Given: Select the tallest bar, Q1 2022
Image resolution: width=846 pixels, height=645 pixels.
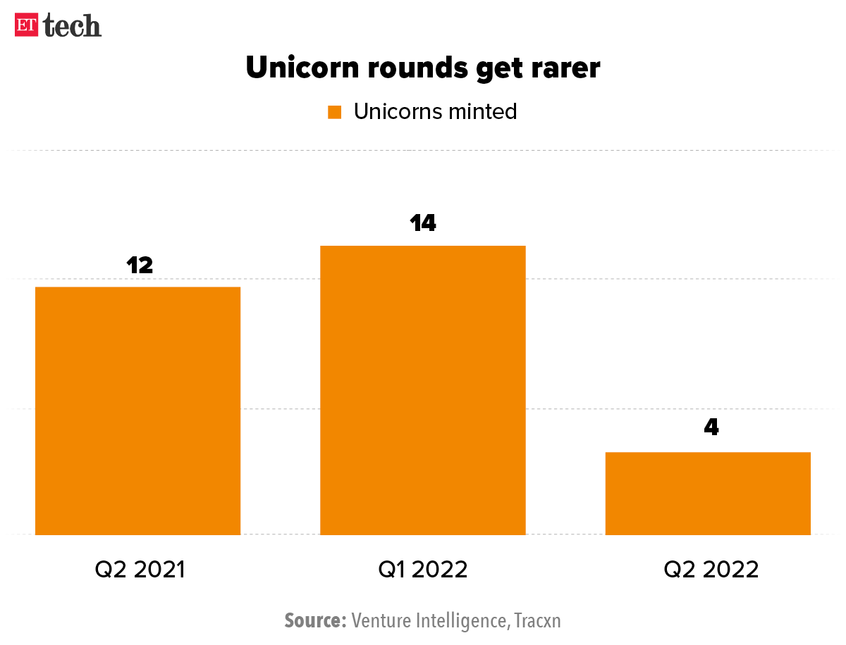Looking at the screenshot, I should click(423, 390).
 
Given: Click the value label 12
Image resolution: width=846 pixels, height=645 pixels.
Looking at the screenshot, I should click(140, 265).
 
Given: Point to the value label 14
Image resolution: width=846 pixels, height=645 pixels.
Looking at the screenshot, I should click(423, 223).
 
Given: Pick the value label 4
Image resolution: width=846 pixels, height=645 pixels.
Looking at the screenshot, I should click(711, 427).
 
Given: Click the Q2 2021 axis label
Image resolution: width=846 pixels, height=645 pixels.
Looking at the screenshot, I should click(140, 569).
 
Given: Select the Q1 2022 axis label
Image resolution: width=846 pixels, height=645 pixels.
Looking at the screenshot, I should click(423, 569).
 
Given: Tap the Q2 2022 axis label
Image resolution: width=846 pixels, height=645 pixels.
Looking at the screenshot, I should click(711, 569).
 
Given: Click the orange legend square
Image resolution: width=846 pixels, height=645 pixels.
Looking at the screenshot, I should click(335, 112).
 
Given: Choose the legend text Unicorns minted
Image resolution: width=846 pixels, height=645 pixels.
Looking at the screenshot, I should click(436, 111).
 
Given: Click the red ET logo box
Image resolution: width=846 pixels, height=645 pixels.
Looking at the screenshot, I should click(27, 25).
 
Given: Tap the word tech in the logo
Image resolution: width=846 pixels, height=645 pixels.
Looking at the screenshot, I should click(72, 25).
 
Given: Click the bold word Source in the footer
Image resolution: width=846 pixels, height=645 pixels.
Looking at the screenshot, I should click(314, 620).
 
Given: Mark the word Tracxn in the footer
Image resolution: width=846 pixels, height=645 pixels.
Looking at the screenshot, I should click(537, 620).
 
